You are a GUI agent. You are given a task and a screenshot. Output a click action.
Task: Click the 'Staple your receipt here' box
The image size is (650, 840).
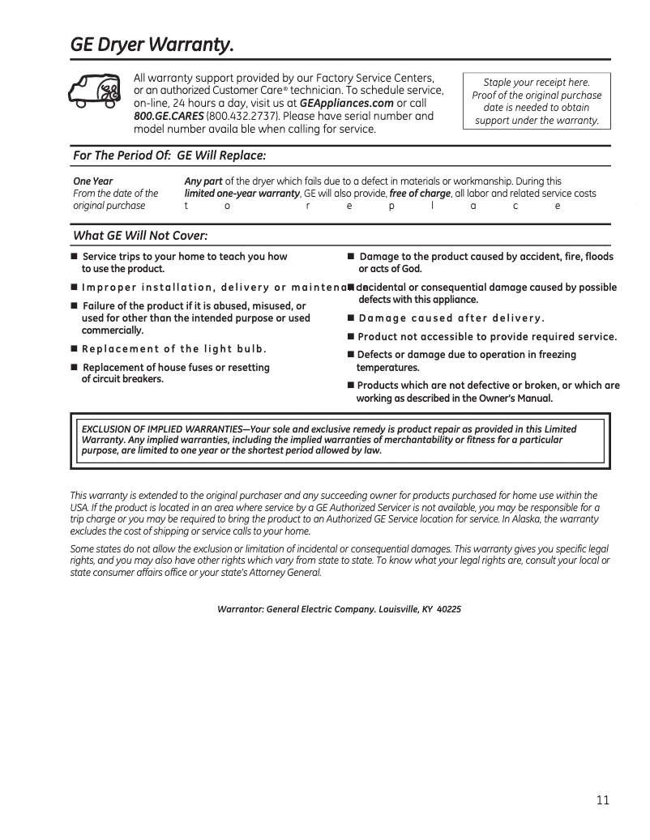point(536,101)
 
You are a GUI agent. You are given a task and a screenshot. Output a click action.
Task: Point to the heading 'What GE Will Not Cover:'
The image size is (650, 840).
point(140,236)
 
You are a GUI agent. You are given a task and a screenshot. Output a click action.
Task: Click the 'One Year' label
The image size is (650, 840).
point(93,181)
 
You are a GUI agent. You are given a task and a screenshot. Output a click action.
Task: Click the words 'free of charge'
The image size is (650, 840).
point(419,194)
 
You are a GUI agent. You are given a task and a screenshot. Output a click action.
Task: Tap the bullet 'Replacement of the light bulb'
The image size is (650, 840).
point(173,349)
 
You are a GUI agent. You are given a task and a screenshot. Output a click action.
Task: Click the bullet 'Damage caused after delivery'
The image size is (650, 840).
point(451,318)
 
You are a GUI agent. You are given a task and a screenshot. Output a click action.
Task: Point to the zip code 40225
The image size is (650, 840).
point(449,609)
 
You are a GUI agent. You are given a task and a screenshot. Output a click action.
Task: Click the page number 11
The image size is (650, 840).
point(602,800)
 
